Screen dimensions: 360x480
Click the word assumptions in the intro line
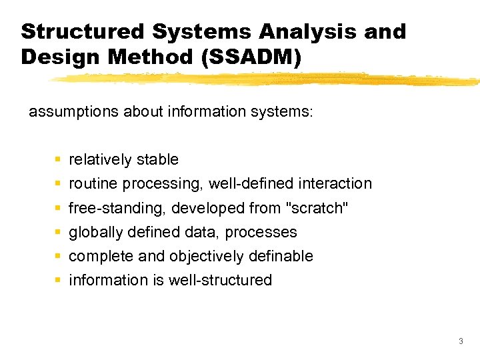point(73,111)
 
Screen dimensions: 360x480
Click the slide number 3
point(461,341)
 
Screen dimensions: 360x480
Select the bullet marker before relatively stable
point(59,160)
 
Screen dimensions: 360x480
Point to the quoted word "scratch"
point(317,208)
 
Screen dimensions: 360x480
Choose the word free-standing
point(117,208)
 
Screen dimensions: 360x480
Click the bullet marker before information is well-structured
point(59,281)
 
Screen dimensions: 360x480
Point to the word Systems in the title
point(200,31)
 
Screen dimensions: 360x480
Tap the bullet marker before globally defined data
point(59,233)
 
